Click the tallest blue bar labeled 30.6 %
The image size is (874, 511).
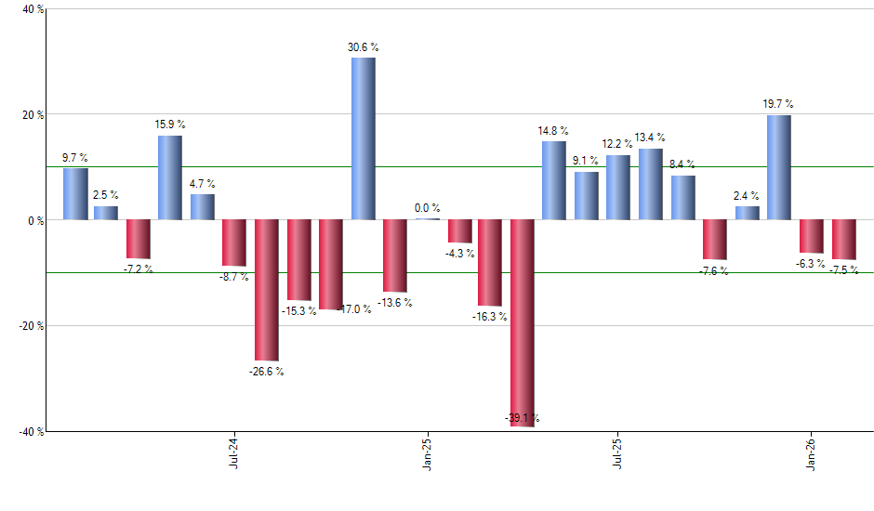point(364,139)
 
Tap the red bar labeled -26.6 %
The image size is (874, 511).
point(267,290)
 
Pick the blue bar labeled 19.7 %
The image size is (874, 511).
point(778,167)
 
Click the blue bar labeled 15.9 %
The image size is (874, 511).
point(170,177)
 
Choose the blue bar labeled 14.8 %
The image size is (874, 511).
point(554,180)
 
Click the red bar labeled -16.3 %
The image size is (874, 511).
point(490,263)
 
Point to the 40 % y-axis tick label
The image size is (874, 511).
point(22,10)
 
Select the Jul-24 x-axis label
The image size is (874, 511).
point(233,453)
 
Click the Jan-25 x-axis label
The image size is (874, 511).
point(427,453)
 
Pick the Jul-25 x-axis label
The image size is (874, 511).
point(617,453)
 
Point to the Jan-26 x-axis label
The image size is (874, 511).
point(811,453)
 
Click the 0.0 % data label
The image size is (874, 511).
point(427,208)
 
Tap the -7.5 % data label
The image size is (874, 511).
point(845,270)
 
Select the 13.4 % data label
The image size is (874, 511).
point(651,138)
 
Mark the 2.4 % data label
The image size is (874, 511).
point(747,196)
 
